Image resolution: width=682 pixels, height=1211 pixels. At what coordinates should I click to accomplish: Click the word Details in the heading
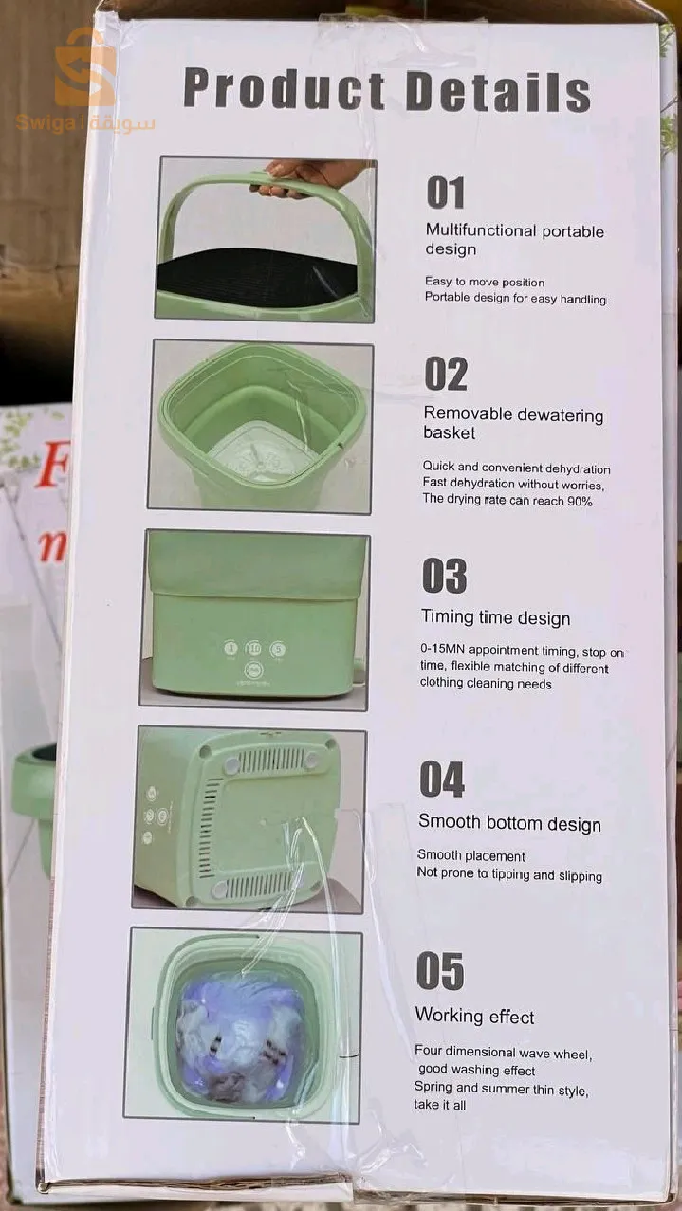(x=498, y=92)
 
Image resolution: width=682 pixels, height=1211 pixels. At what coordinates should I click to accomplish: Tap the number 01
(x=446, y=193)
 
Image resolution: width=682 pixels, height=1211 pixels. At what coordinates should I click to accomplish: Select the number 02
(x=446, y=374)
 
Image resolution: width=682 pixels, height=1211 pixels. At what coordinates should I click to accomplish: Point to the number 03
(x=444, y=576)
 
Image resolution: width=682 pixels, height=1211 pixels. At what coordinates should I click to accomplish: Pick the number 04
(x=442, y=779)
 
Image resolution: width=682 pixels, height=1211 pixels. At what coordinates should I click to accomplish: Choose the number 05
(x=440, y=971)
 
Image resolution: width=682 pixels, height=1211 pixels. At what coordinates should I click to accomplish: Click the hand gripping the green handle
(x=303, y=176)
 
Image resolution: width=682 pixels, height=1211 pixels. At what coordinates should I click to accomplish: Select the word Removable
(x=468, y=413)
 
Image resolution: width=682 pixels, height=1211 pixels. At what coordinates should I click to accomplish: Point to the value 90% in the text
(x=580, y=501)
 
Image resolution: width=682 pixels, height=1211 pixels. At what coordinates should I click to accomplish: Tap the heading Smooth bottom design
(x=509, y=823)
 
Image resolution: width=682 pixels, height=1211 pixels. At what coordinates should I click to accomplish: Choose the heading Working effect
(x=474, y=1016)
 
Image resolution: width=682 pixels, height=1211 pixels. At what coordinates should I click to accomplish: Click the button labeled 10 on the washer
(x=253, y=649)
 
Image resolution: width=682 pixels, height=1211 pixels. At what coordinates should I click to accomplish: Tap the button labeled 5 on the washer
(x=278, y=650)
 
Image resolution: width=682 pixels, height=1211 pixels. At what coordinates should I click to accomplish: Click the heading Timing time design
(x=495, y=617)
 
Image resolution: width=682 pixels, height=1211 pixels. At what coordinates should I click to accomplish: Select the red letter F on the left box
(x=52, y=465)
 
